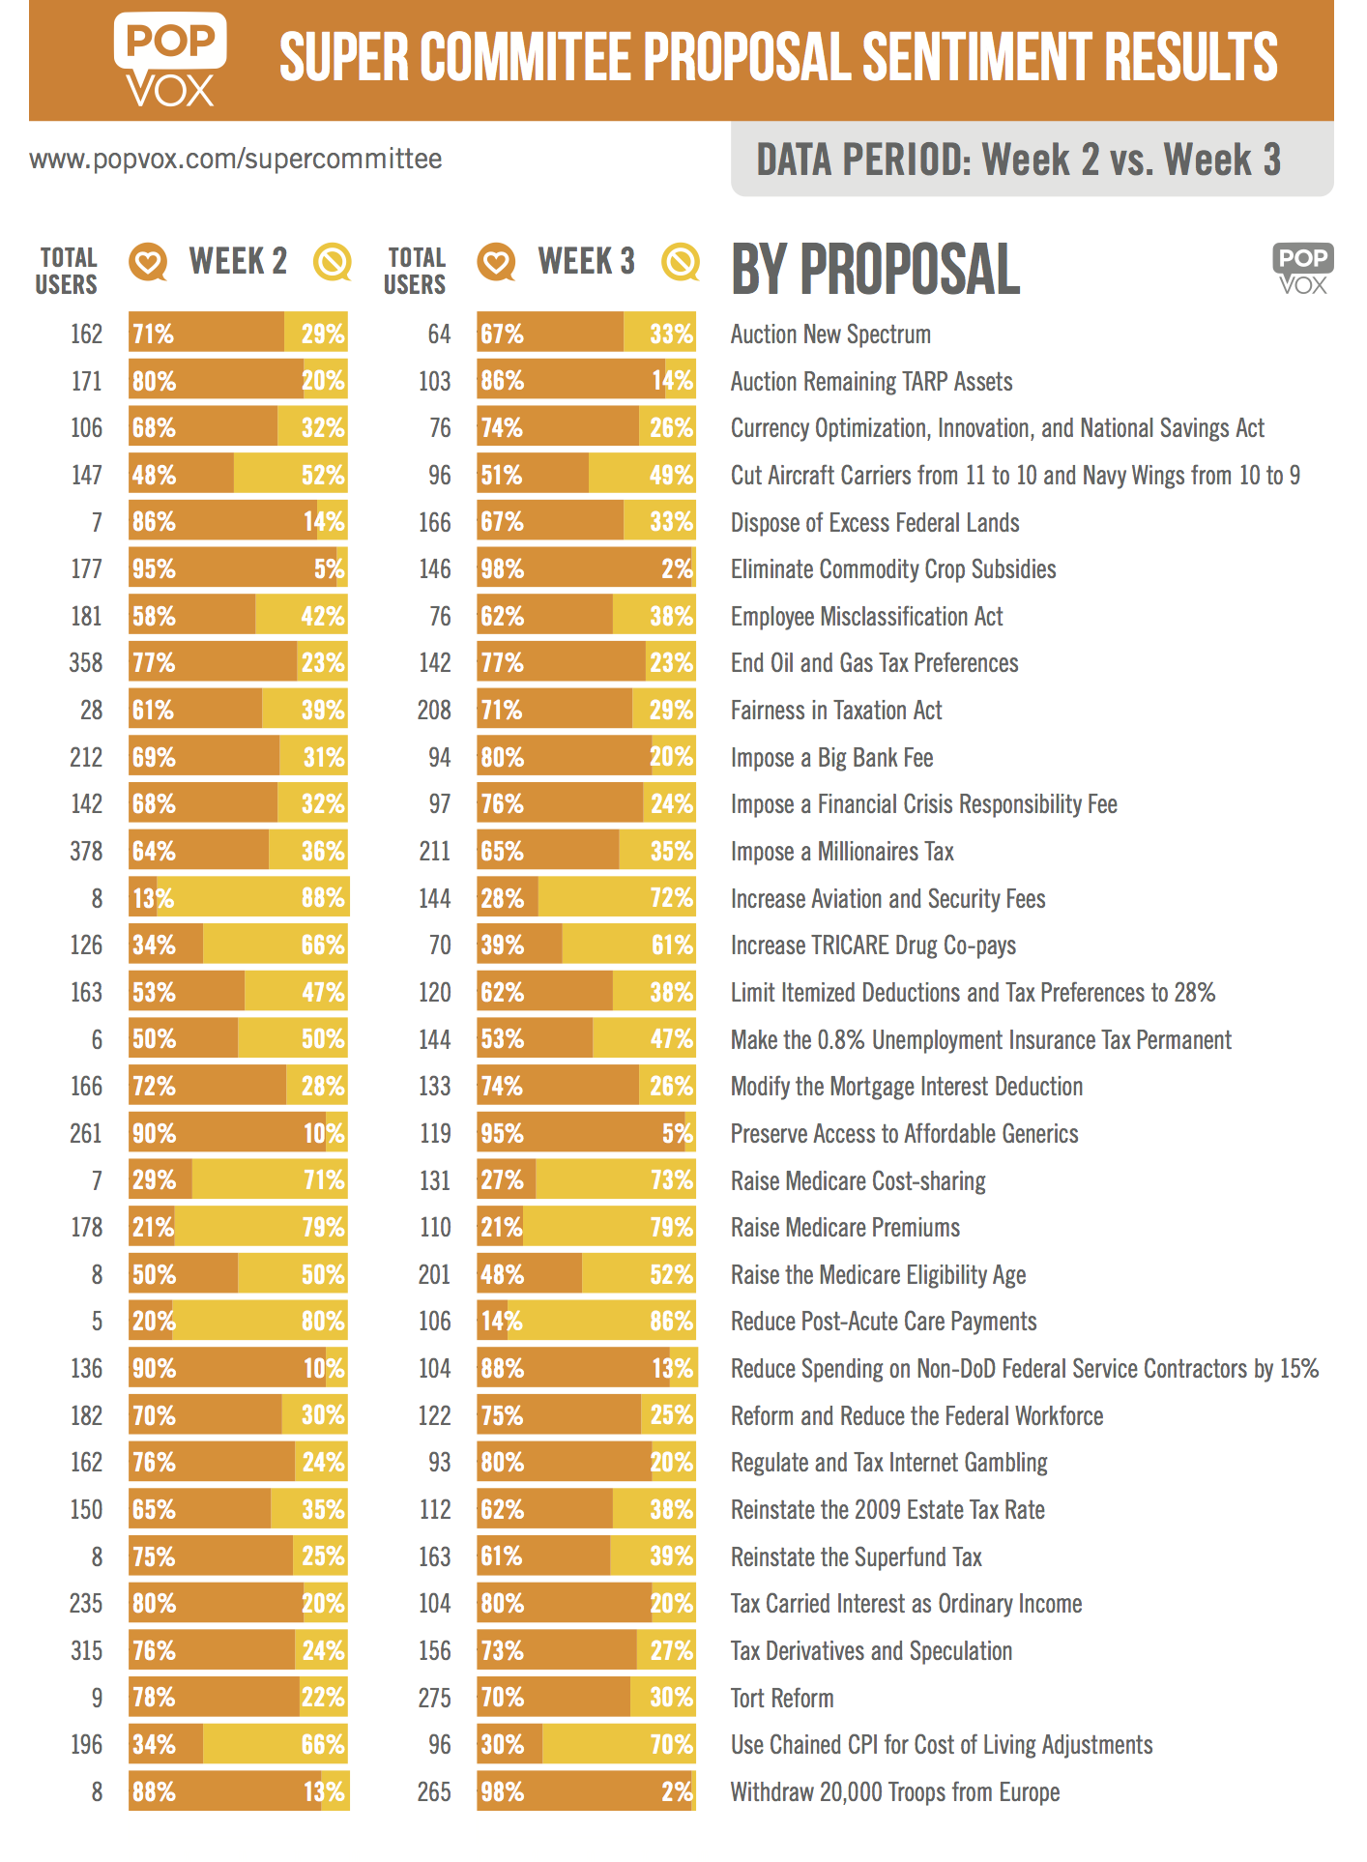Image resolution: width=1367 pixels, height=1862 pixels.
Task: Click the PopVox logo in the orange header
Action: tap(170, 60)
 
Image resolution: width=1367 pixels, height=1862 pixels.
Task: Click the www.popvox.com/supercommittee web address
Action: tap(236, 159)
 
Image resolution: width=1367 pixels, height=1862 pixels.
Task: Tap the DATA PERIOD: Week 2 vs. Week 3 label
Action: tap(1018, 160)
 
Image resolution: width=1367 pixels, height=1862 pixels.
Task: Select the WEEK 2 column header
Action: tap(238, 261)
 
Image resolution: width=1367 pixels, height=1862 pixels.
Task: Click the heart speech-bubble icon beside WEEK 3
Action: tap(497, 262)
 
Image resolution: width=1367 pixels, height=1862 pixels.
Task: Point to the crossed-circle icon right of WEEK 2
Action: tap(333, 262)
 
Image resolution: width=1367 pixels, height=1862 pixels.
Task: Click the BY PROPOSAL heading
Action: tap(875, 269)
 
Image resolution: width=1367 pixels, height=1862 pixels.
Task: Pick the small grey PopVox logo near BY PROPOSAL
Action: tap(1303, 268)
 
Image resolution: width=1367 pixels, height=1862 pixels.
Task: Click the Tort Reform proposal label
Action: tap(782, 1698)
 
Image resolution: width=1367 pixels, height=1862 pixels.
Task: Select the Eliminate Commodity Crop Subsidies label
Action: tap(893, 568)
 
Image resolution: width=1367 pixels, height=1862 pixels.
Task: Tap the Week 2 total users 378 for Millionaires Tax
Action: tap(86, 851)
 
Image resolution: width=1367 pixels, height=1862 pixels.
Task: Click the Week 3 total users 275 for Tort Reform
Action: tap(434, 1698)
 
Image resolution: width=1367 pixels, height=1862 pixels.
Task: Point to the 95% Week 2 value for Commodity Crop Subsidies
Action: tap(154, 568)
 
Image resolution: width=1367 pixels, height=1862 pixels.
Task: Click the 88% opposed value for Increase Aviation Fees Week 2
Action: tap(323, 898)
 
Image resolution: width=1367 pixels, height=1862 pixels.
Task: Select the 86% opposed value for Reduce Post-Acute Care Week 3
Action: tap(671, 1322)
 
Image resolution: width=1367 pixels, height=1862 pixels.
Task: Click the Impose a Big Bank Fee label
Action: tap(831, 757)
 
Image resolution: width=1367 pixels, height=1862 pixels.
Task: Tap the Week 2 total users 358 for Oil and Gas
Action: tap(86, 663)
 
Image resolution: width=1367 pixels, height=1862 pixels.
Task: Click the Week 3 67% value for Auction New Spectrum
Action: tap(502, 335)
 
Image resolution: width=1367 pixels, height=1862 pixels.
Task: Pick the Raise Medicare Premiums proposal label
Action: tap(845, 1228)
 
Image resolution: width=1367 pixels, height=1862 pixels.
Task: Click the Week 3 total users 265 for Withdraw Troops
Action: tap(434, 1791)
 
